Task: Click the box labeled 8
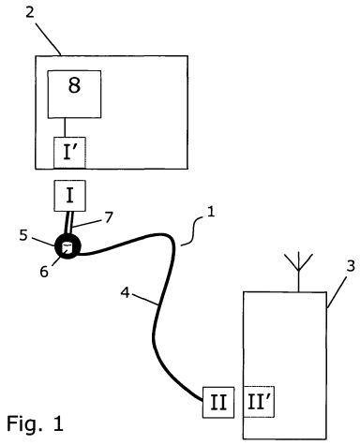[74, 95]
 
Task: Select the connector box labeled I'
[69, 153]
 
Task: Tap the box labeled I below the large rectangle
[70, 196]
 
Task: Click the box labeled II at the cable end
[218, 402]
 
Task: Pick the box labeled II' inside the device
[259, 402]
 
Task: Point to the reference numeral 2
[30, 12]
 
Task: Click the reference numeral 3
[351, 266]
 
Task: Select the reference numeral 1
[211, 212]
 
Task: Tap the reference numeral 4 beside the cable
[125, 292]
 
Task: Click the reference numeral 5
[23, 235]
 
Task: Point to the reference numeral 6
[44, 272]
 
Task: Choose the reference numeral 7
[109, 217]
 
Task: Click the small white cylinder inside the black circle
[67, 248]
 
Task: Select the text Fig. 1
[35, 423]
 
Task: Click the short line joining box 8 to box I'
[65, 127]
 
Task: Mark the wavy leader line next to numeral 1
[192, 231]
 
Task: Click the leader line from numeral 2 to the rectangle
[48, 38]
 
